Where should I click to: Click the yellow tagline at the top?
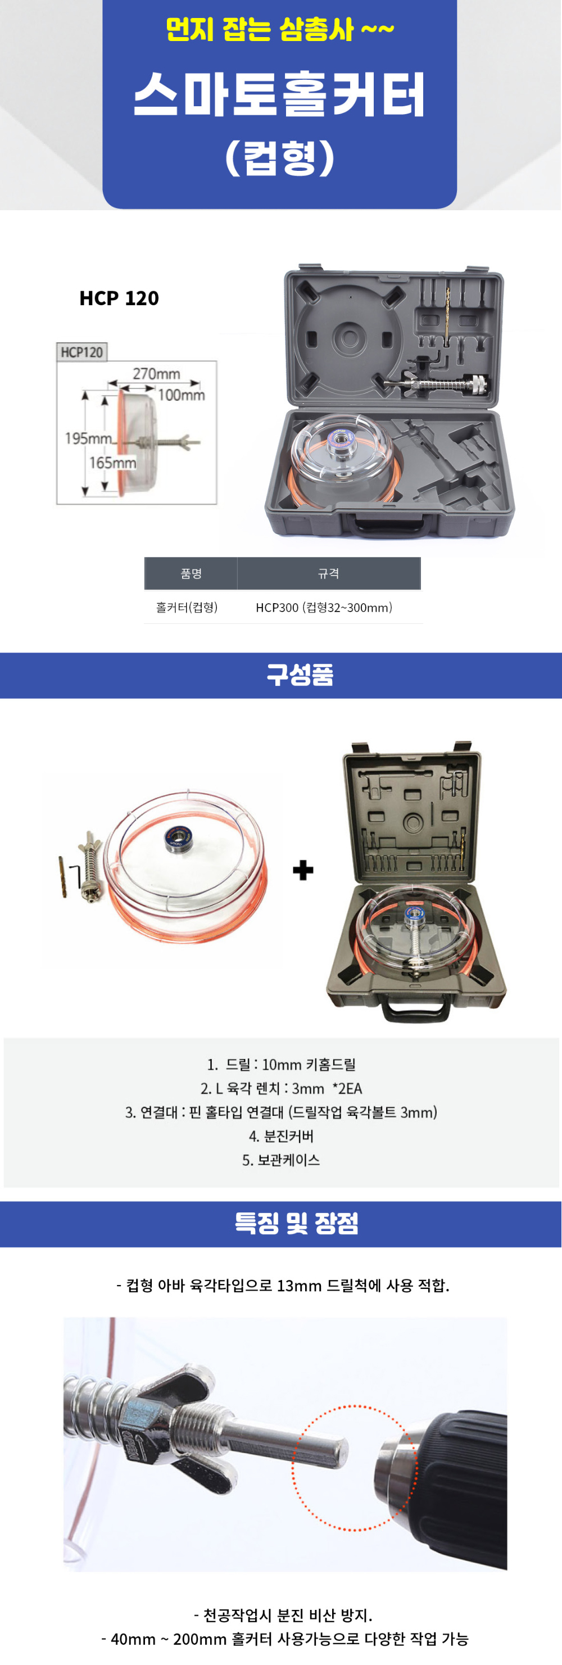[x=280, y=29]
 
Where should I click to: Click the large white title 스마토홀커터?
[x=280, y=94]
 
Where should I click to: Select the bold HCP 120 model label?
[x=119, y=298]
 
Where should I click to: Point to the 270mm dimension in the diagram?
[x=156, y=374]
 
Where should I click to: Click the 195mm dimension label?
[x=88, y=438]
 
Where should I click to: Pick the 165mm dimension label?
[x=112, y=463]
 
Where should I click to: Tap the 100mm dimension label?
[x=182, y=395]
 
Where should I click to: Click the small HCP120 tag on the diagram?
[x=81, y=352]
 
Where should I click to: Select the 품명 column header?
[x=191, y=573]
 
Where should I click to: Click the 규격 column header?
[x=328, y=573]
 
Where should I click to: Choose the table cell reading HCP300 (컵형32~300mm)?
[x=324, y=608]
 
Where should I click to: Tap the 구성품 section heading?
[x=300, y=675]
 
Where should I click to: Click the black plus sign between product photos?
[x=303, y=870]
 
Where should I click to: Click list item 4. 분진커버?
[x=281, y=1135]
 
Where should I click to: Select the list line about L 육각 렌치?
[x=281, y=1088]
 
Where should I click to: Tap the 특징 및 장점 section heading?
[x=297, y=1223]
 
